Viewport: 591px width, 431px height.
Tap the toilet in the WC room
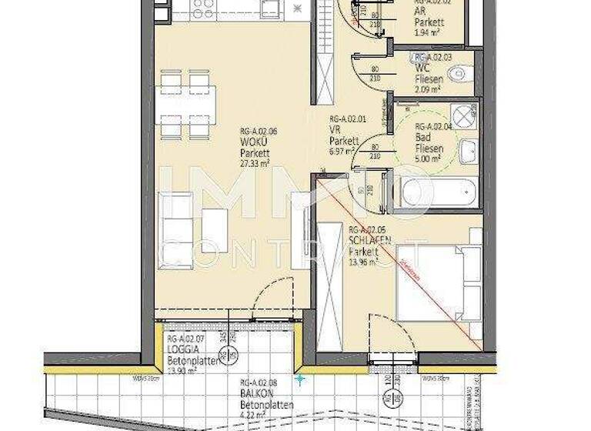[459, 75]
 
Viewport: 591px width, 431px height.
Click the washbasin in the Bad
[469, 151]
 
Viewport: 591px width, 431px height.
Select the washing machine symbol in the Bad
[465, 115]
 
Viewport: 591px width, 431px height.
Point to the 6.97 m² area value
[342, 152]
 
